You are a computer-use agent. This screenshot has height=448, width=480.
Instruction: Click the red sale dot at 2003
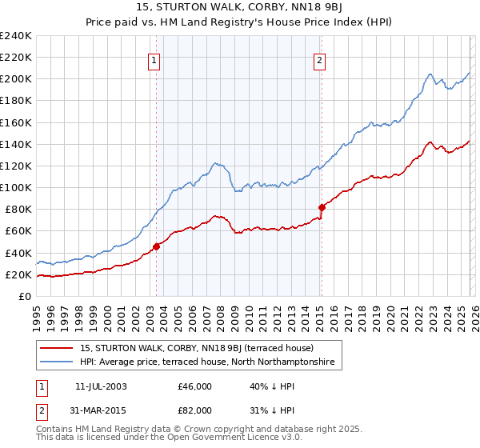tap(157, 246)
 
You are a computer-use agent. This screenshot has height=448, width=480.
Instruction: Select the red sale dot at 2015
tap(322, 207)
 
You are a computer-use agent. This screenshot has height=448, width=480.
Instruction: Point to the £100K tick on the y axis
tap(16, 187)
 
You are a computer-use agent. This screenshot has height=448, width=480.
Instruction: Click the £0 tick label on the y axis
tap(25, 296)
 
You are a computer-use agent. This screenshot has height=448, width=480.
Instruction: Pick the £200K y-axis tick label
tap(16, 79)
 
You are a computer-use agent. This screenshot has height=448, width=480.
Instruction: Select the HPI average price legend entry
tap(210, 362)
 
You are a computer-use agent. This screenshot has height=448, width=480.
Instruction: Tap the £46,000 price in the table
tap(195, 386)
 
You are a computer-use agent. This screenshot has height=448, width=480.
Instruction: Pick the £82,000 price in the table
tap(195, 410)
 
